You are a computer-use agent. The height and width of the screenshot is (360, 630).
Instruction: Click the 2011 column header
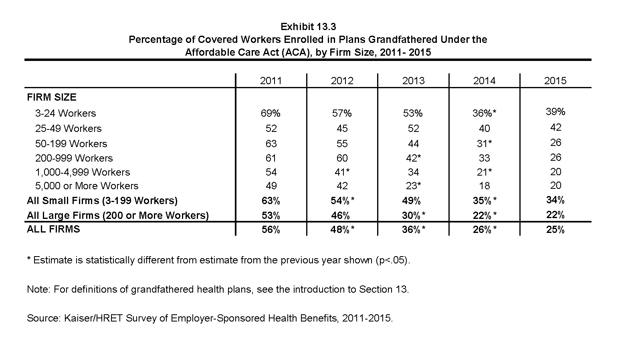pos(271,81)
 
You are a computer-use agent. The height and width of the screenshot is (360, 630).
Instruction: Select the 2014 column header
pos(484,81)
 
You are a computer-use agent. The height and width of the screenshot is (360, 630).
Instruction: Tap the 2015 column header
pos(555,81)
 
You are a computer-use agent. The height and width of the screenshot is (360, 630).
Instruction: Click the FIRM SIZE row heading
pos(52,97)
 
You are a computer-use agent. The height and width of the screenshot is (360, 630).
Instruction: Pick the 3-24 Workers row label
pos(66,113)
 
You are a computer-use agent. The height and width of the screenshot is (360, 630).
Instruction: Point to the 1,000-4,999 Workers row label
pos(83,172)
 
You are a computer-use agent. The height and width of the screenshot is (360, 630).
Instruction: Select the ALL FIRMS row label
pos(53,229)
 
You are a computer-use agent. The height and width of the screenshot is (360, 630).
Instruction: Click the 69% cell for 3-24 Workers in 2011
pos(271,113)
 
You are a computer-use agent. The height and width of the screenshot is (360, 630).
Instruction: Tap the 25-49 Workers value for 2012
pos(342,129)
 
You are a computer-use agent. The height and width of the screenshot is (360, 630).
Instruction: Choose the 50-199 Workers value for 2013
pos(413,144)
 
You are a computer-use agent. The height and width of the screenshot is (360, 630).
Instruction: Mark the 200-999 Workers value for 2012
pos(342,158)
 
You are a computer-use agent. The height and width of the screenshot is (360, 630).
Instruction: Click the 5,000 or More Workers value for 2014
pos(484,186)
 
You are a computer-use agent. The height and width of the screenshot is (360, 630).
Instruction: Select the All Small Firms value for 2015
pos(555,200)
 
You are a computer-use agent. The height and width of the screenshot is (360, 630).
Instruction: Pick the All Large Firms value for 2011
pos(271,215)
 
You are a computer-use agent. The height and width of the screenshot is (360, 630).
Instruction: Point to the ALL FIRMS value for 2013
pos(414,230)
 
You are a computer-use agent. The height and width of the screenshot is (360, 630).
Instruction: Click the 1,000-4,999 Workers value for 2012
pos(342,172)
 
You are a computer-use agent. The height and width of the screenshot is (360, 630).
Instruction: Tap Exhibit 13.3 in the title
pos(308,27)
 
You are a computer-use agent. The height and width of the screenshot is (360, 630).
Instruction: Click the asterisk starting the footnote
pos(29,258)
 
